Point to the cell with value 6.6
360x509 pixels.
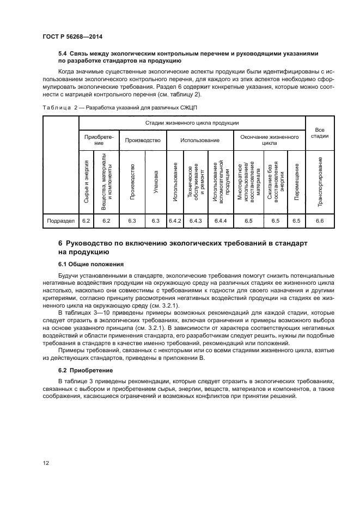coord(319,220)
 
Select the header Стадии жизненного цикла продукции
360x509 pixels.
coord(193,124)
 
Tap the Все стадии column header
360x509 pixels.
coord(319,133)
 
